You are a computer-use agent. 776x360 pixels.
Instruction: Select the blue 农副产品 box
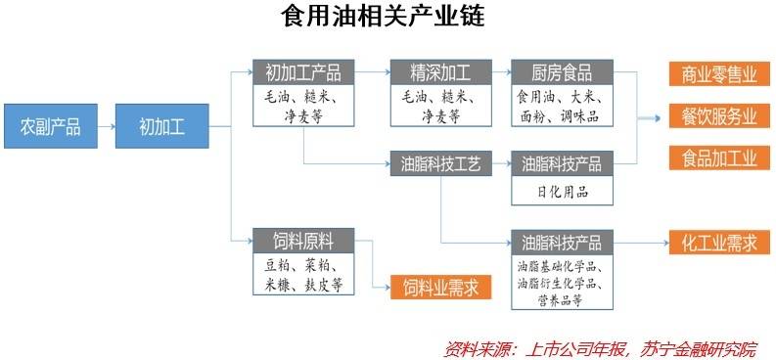[x=51, y=126]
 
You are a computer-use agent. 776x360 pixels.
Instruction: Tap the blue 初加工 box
[x=161, y=126]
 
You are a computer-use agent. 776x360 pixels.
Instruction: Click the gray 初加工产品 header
[x=303, y=71]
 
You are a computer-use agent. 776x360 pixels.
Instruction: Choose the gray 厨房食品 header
[x=562, y=71]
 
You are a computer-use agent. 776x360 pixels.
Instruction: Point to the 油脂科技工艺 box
[x=435, y=162]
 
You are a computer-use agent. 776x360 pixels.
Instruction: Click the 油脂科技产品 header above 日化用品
[x=562, y=163]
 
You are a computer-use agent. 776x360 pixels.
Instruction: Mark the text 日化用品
[x=562, y=191]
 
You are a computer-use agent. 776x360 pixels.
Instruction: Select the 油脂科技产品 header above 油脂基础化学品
[x=562, y=241]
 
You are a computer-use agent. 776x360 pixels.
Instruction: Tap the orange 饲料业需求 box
[x=440, y=287]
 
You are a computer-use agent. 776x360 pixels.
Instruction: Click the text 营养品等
[x=562, y=300]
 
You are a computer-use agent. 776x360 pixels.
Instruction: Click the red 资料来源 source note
[x=600, y=348]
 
